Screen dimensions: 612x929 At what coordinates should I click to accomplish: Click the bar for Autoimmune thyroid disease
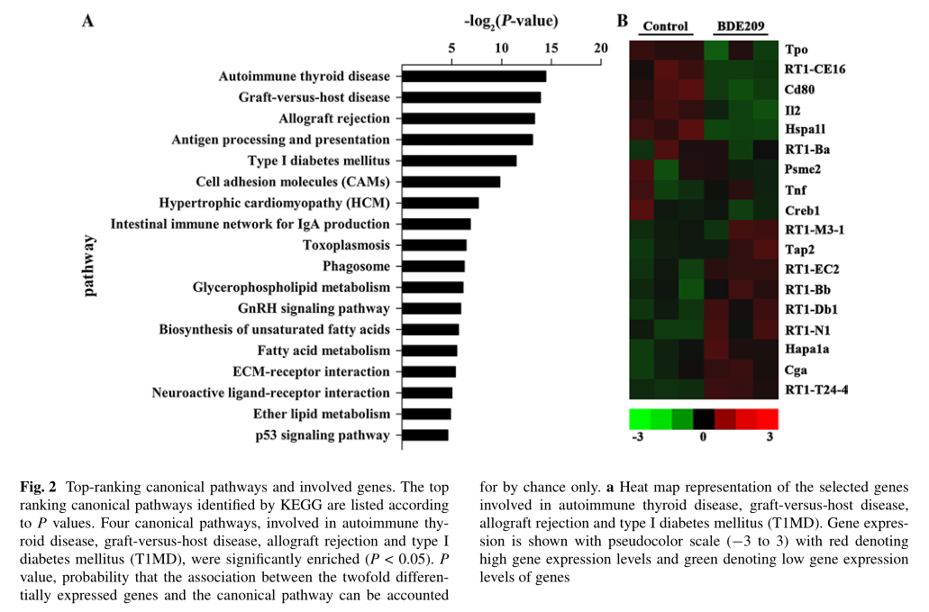point(474,77)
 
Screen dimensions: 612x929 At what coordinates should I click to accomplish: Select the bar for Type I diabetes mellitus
point(460,160)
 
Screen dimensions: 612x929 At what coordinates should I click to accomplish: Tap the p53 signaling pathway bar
point(425,435)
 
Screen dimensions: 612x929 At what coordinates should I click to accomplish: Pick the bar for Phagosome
point(433,266)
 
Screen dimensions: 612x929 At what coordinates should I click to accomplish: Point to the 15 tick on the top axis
point(551,48)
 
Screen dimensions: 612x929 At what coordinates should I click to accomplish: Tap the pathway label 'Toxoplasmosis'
point(346,245)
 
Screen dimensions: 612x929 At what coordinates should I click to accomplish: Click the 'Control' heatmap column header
point(665,26)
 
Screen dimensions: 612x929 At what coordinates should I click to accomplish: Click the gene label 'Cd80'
point(799,90)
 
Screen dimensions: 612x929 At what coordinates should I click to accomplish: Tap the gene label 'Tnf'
point(795,189)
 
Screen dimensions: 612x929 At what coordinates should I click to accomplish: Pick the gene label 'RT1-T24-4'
point(815,389)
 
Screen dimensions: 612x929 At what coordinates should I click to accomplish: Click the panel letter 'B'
point(622,21)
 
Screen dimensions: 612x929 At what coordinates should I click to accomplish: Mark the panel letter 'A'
point(88,21)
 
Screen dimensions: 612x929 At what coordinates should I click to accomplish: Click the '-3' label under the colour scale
point(637,438)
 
